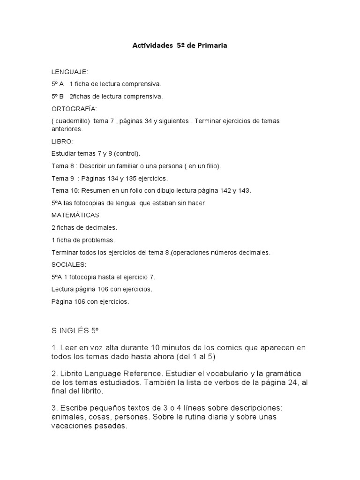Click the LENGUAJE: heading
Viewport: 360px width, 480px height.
[69, 72]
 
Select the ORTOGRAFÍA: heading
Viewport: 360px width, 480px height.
[74, 109]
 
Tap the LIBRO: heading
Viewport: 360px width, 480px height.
[62, 141]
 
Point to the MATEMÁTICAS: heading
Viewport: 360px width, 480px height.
[76, 215]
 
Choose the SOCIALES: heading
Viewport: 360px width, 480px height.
[69, 264]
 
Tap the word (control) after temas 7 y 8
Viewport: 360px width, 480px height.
[127, 153]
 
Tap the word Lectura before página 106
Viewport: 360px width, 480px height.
[63, 289]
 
